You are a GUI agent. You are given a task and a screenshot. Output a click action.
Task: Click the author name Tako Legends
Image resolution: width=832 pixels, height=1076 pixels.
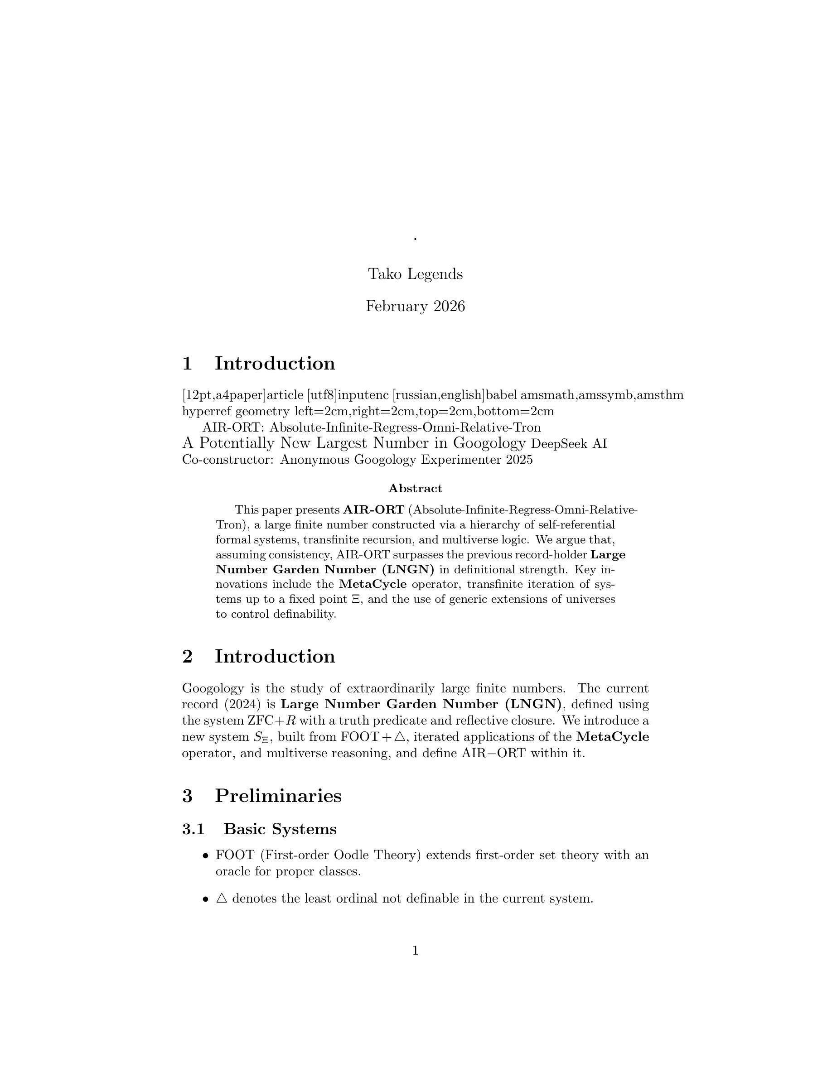(x=415, y=274)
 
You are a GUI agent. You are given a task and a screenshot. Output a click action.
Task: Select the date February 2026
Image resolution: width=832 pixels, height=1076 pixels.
(x=415, y=307)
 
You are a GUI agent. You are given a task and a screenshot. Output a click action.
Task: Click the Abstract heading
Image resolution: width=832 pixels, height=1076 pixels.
(x=415, y=488)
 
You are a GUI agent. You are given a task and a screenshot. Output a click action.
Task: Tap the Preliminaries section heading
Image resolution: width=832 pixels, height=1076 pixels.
(x=277, y=795)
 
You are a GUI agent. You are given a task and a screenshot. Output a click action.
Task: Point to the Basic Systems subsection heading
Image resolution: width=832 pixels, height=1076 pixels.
(x=280, y=829)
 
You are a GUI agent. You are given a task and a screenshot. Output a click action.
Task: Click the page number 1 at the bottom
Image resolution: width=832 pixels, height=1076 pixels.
(x=415, y=951)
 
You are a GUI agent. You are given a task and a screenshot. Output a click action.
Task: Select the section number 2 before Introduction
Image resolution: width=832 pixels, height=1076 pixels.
(x=187, y=656)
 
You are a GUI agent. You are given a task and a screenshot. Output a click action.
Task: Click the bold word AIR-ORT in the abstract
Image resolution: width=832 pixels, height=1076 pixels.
(x=373, y=509)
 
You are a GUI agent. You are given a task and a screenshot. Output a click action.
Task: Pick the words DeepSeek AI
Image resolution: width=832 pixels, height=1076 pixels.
(x=569, y=444)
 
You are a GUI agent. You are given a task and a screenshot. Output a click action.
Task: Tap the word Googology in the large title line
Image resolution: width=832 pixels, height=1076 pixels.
(x=489, y=443)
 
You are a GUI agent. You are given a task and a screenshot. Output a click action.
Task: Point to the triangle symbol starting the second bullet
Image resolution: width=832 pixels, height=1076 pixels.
(x=222, y=898)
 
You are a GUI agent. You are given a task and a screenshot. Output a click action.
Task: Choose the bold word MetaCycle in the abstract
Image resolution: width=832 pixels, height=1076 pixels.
(x=372, y=584)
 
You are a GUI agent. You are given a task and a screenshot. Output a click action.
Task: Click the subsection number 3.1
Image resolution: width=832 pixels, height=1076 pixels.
(x=193, y=829)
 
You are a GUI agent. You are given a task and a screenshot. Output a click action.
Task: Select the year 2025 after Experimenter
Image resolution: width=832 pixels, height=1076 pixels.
(x=519, y=460)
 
